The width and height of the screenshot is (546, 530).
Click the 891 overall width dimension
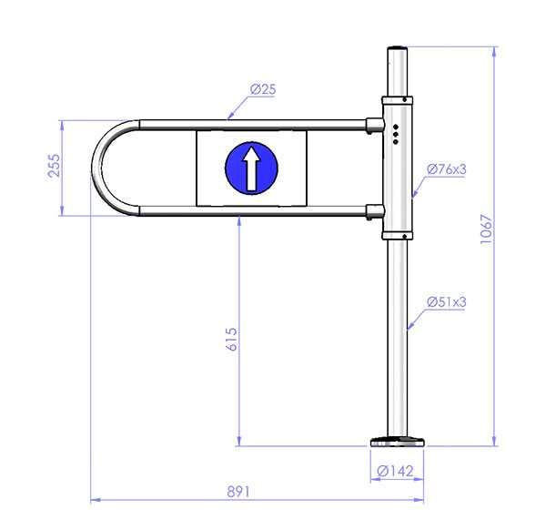point(238,492)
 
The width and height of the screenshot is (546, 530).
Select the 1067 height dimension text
point(487,229)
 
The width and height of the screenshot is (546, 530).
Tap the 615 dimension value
point(231,339)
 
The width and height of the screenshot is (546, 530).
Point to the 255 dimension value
point(54,166)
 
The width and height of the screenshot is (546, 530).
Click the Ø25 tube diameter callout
point(263,89)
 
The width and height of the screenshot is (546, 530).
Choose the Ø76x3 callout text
point(447,169)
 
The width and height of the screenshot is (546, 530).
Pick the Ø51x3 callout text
point(447,301)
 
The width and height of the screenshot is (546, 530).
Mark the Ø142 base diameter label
point(395,471)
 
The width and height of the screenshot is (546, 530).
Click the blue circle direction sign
point(251,168)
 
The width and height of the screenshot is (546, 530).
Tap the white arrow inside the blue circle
point(251,168)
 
